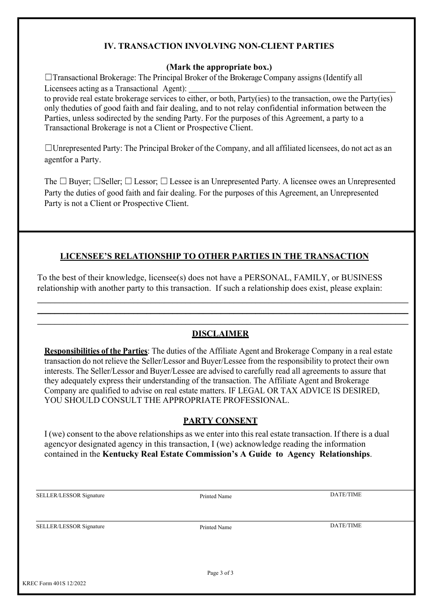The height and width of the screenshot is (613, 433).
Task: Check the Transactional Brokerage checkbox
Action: pyautogui.click(x=49, y=78)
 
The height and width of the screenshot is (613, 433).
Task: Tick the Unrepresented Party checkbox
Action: pyautogui.click(x=49, y=148)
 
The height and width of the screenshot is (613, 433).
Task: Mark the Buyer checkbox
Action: pyautogui.click(x=64, y=181)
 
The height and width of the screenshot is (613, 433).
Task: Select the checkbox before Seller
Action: pyautogui.click(x=97, y=181)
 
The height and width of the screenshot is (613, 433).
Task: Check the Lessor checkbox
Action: pyautogui.click(x=129, y=181)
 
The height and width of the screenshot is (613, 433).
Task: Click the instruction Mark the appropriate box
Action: pyautogui.click(x=219, y=67)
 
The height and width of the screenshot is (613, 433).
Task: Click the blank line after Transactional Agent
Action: pyautogui.click(x=292, y=89)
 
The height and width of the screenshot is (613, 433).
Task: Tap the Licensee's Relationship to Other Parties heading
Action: pyautogui.click(x=214, y=256)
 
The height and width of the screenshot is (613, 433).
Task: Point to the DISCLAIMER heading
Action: pyautogui.click(x=220, y=334)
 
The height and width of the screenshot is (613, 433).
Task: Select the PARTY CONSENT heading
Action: pyautogui.click(x=220, y=421)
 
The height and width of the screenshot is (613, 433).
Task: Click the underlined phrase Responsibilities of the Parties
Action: pyautogui.click(x=96, y=351)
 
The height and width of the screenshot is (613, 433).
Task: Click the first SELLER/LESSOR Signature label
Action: pyautogui.click(x=70, y=495)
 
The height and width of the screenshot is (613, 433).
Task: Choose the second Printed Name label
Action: pyautogui.click(x=216, y=527)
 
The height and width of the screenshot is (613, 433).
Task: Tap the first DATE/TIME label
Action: pyautogui.click(x=345, y=495)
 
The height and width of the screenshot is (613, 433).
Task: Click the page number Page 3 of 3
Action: pyautogui.click(x=220, y=573)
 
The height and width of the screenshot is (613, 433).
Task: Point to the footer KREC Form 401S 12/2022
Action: pyautogui.click(x=54, y=583)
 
